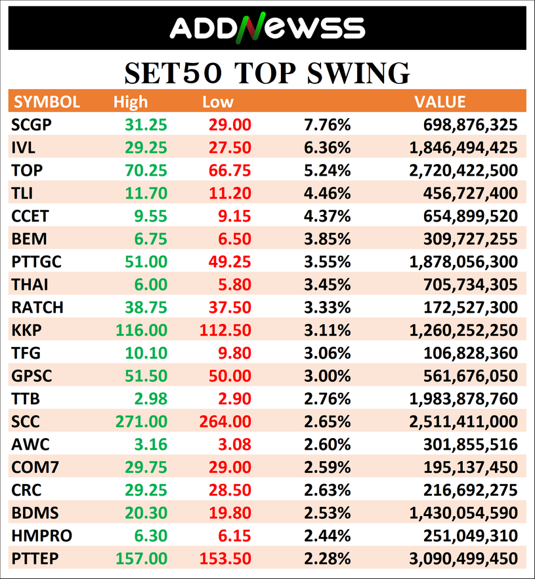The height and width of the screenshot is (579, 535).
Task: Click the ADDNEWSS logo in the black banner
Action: [x=267, y=28]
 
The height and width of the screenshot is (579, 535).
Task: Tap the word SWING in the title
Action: [x=358, y=73]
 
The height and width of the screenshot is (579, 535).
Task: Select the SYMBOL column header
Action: [x=47, y=102]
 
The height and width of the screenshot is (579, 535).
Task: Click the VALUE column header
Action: [x=440, y=102]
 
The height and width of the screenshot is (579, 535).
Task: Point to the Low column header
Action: [x=218, y=102]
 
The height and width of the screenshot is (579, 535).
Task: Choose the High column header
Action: [x=131, y=102]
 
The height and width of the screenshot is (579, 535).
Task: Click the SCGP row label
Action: [x=32, y=125]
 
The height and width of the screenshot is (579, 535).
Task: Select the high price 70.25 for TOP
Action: [x=146, y=170]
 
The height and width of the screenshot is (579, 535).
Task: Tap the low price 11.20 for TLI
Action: [x=230, y=193]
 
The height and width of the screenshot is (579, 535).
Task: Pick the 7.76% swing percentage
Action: [x=327, y=125]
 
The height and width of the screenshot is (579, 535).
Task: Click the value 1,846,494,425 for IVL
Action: [x=463, y=148]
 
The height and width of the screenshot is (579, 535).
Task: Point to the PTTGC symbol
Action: [x=36, y=262]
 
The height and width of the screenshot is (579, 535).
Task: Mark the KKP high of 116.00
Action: [x=142, y=330]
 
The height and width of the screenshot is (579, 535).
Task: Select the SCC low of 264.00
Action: [x=225, y=422]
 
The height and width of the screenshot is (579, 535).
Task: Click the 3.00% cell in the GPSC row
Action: [x=327, y=376]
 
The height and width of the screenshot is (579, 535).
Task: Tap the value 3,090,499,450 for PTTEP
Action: [x=463, y=559]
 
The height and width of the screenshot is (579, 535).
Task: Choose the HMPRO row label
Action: [x=42, y=536]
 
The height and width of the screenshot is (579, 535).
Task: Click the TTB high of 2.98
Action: [x=151, y=399]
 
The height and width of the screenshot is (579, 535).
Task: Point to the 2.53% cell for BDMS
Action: [x=327, y=513]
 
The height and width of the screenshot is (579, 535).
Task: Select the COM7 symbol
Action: [x=35, y=468]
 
